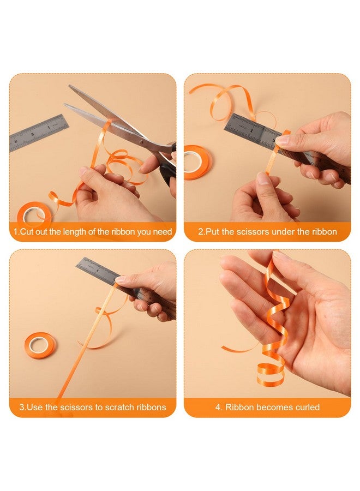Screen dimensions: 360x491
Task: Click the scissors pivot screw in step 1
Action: (142, 142)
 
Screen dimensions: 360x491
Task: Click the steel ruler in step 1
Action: (39, 133)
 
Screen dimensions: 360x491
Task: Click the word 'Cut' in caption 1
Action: (26, 232)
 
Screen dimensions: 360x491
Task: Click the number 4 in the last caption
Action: (218, 407)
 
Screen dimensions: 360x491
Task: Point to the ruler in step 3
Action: (125, 286)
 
